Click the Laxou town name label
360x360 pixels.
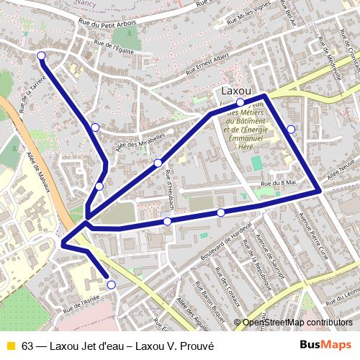237,91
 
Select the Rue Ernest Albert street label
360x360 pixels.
207,64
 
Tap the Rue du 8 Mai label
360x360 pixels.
279,184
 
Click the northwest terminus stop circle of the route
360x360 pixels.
41,55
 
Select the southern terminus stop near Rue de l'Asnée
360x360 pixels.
111,285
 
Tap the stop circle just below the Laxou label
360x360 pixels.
240,102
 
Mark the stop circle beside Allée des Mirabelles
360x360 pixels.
158,163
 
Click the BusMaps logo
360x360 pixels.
326,346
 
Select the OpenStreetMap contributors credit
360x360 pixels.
298,322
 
